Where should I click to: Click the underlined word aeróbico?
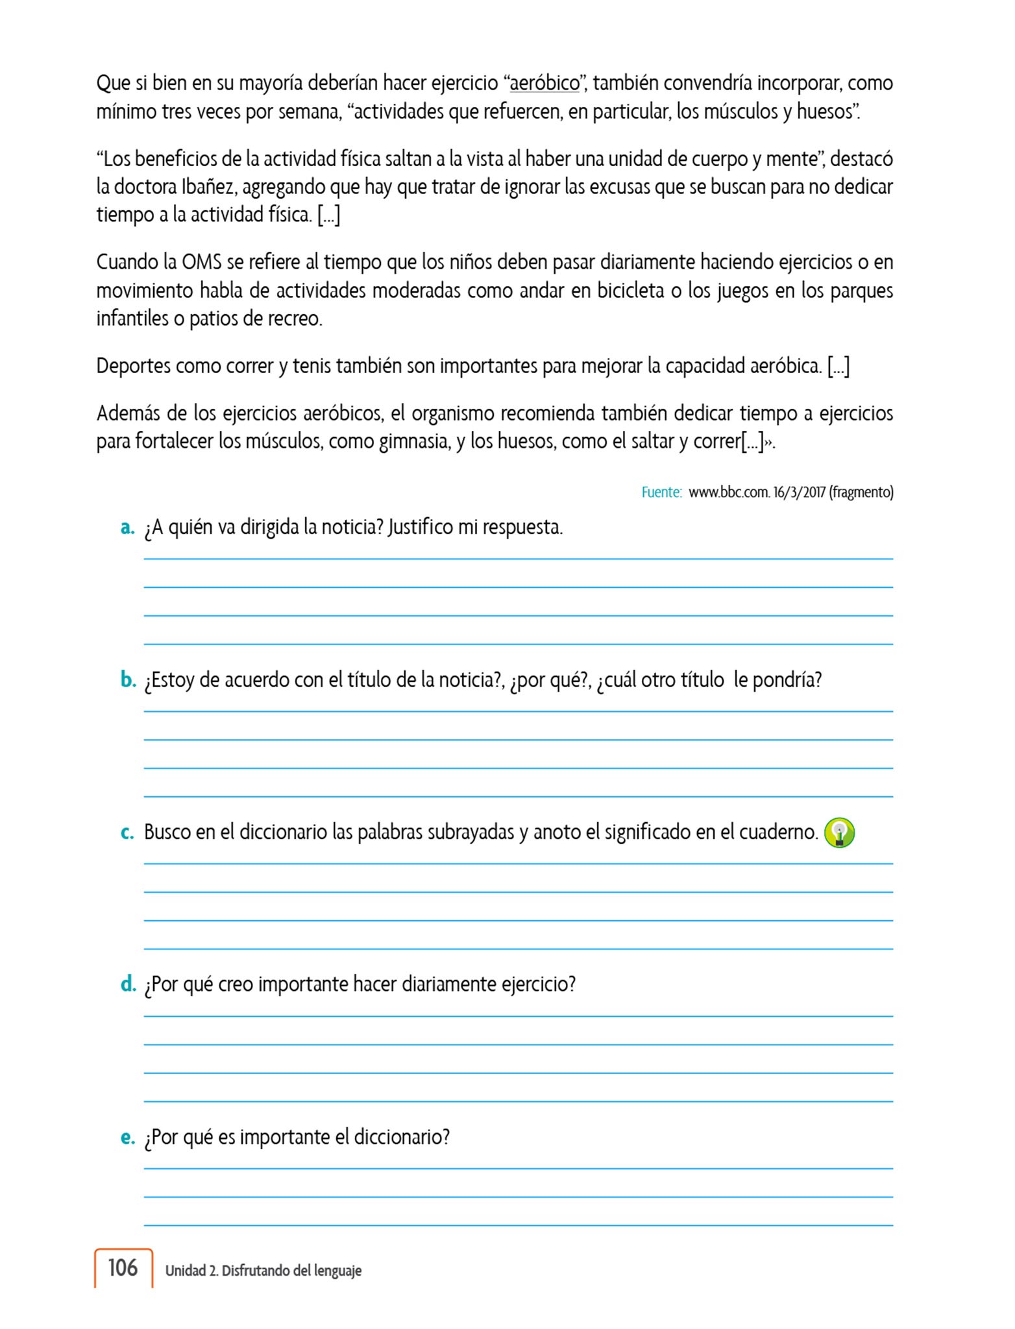[544, 84]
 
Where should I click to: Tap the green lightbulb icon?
[839, 833]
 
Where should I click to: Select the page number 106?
[123, 1267]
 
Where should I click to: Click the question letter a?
[127, 528]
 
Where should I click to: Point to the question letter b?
[128, 680]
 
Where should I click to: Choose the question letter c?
[127, 833]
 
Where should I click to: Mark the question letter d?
[128, 984]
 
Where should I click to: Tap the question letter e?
[127, 1138]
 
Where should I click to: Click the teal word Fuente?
[661, 493]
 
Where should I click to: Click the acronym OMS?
[202, 262]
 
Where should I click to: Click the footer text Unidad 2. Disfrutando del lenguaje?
[263, 1271]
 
